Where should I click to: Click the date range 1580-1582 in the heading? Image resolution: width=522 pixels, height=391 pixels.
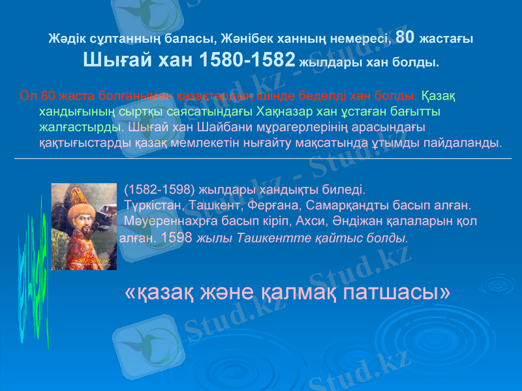[246, 61]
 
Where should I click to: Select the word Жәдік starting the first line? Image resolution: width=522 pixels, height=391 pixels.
[63, 39]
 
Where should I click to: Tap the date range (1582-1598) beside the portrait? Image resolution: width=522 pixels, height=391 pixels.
[159, 190]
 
